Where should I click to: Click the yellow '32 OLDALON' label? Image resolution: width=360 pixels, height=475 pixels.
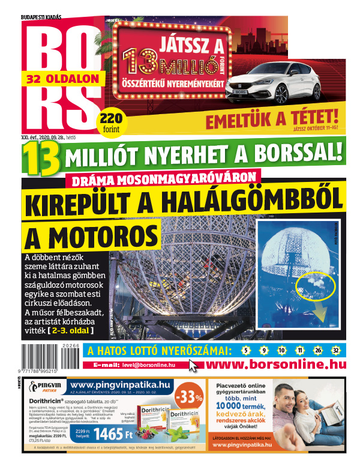(x=56, y=78)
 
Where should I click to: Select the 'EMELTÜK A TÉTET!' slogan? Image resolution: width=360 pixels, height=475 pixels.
(x=276, y=118)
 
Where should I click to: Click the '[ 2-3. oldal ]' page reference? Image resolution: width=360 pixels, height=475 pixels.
(x=71, y=330)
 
